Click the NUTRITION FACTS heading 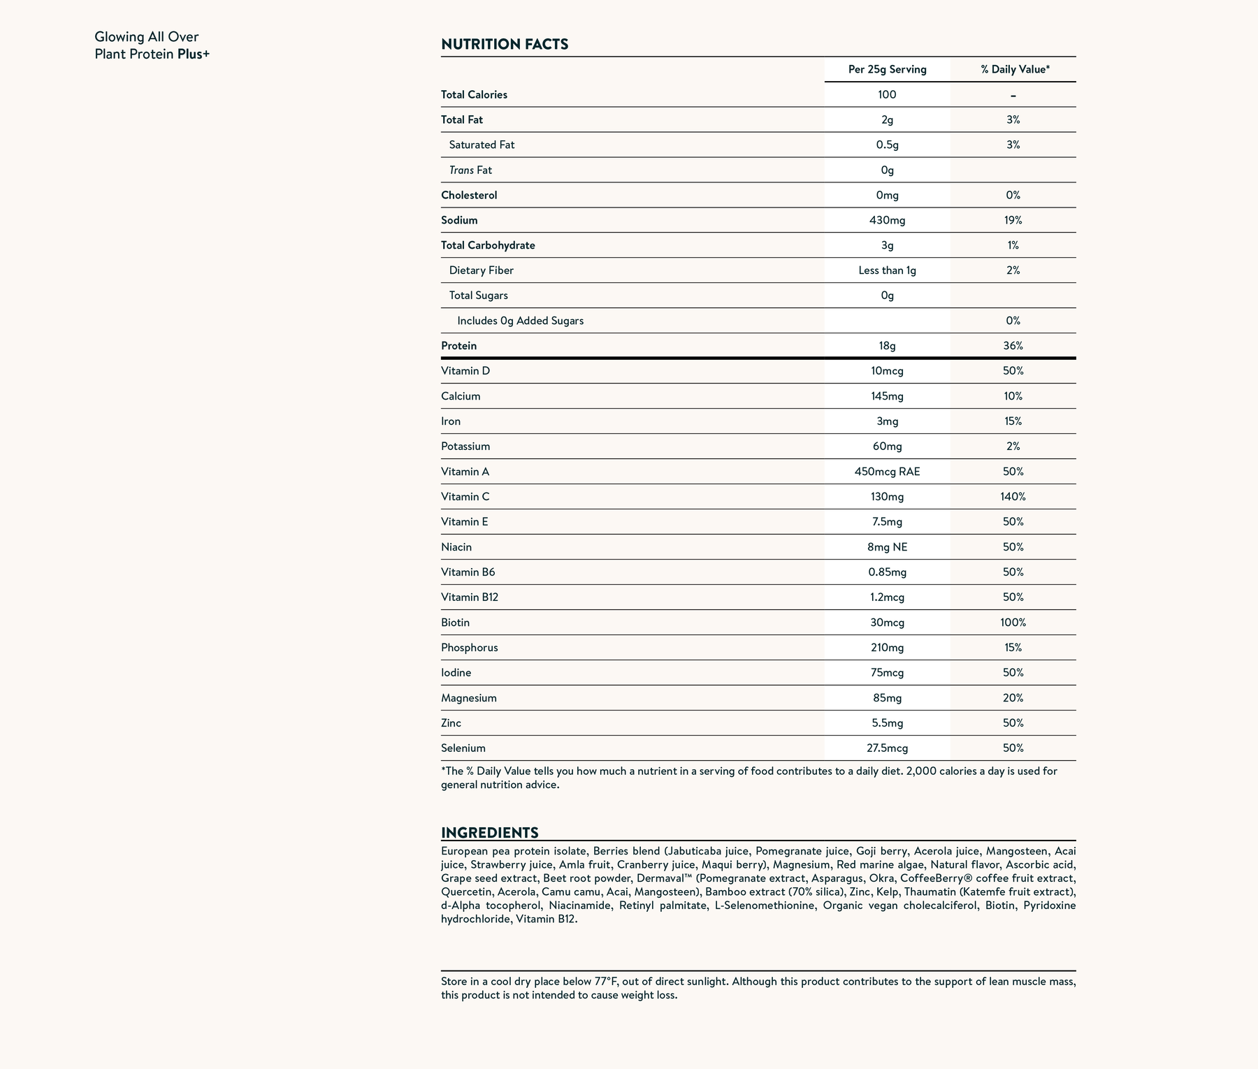505,45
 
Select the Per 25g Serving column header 887,69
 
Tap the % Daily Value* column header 1015,69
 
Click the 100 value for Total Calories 887,94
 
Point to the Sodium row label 459,220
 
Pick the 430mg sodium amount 887,220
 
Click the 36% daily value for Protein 1013,346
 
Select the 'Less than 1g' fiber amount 887,270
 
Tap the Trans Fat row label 470,170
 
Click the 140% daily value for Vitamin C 1013,497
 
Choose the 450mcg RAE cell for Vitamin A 887,472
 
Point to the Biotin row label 455,623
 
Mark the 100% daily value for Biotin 1013,623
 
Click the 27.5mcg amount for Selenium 887,748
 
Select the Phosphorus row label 470,648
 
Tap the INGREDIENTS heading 489,833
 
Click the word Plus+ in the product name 194,54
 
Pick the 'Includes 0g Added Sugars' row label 520,321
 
